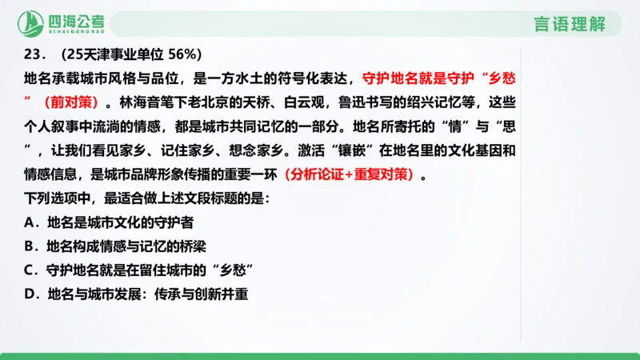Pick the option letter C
click(29, 269)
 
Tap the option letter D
click(29, 294)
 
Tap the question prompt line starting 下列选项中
click(145, 198)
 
